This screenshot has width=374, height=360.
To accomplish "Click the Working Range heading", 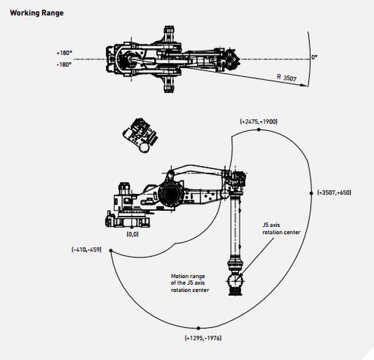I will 37,12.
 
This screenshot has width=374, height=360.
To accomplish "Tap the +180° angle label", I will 64,54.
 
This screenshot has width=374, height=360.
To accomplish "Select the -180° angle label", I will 64,64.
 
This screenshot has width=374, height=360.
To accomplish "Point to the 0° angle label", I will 315,57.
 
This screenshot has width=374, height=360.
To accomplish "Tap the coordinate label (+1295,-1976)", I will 203,338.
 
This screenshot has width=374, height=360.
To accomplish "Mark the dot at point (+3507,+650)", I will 311,193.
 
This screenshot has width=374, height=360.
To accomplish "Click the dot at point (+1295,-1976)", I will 198,328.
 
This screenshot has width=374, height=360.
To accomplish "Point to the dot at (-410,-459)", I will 110,250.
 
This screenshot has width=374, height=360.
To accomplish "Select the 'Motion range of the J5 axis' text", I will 190,283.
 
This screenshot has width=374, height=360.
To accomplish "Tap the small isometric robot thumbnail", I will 141,135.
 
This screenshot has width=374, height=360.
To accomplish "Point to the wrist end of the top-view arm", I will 233,59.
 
